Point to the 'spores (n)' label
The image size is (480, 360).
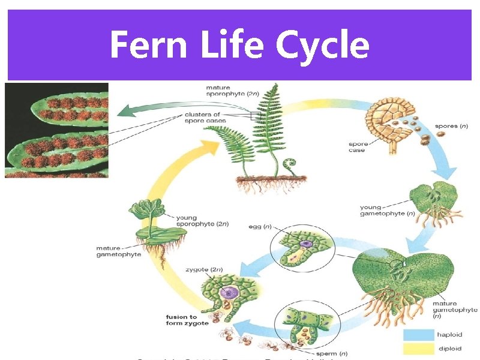click(450, 126)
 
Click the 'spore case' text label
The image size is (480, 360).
click(358, 147)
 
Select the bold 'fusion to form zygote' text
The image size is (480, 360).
click(187, 320)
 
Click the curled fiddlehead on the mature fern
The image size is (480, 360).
click(290, 163)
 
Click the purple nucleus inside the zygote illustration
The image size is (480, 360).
click(230, 293)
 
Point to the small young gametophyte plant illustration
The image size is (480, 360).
click(428, 204)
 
